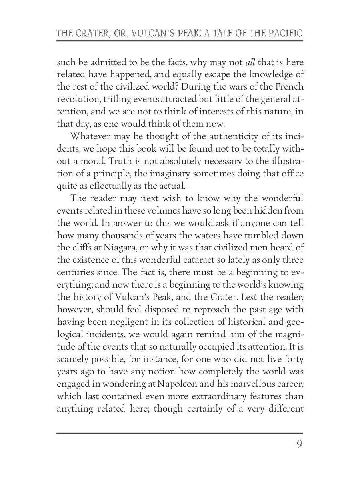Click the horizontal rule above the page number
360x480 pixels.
click(180, 433)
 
